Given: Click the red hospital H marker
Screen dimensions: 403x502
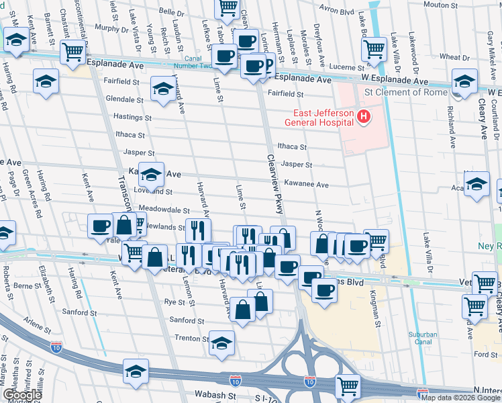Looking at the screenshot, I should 364,118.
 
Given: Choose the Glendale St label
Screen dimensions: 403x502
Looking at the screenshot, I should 121,98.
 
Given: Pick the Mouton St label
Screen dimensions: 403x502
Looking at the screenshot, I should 440,5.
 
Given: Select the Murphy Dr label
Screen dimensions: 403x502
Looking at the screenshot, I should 111,28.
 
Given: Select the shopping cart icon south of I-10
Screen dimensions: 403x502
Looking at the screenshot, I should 348,386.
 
